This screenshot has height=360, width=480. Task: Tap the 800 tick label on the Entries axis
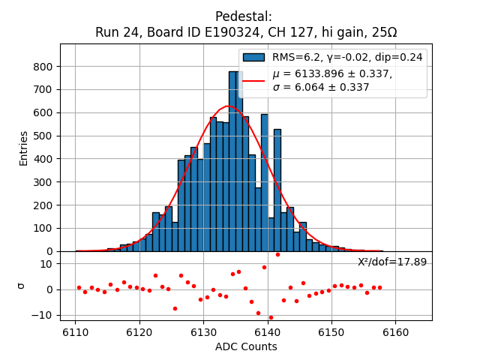43,67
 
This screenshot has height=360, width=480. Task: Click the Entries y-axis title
24,148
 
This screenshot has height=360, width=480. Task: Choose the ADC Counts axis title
246,346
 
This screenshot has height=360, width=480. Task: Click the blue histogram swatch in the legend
253,57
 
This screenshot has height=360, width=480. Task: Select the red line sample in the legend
253,79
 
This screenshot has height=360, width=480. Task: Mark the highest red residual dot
277,254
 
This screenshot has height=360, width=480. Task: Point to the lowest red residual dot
271,317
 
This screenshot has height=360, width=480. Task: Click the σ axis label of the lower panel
21,286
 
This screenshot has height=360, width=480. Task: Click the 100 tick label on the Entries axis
43,229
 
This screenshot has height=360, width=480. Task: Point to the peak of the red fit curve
229,106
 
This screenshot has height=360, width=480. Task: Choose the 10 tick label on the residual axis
46,264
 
